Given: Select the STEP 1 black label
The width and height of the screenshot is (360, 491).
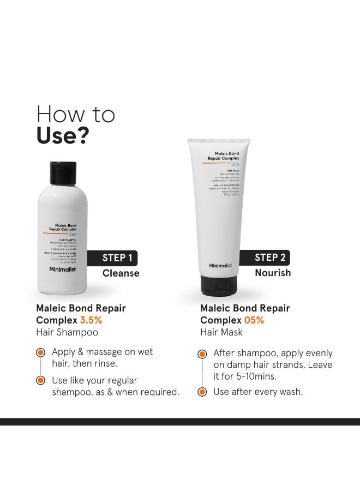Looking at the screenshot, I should [x=116, y=258].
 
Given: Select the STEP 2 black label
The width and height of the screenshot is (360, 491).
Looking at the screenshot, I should [x=271, y=258].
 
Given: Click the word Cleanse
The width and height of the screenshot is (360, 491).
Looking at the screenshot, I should [x=121, y=273].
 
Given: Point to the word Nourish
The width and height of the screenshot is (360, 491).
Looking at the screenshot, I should [x=272, y=273].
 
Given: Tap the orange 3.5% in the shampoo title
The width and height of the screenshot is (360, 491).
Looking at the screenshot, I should [x=92, y=320].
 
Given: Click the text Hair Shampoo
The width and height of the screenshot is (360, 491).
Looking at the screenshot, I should [x=67, y=332].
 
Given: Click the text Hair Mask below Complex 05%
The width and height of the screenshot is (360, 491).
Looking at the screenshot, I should [x=221, y=332].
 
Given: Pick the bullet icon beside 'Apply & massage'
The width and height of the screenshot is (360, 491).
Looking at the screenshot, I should [x=40, y=352].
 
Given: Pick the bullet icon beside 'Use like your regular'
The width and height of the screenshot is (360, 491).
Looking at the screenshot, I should [x=40, y=380].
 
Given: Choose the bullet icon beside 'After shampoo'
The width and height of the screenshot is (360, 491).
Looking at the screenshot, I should [x=202, y=354].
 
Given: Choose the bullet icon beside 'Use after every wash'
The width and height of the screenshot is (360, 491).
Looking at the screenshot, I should [x=202, y=391].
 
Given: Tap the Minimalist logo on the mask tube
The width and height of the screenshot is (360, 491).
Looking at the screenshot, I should [x=220, y=266].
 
